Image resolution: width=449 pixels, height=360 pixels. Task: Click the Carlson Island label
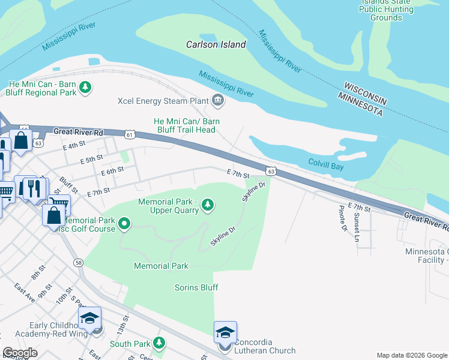tap(215, 44)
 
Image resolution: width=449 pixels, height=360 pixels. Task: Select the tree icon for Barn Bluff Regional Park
tap(86, 88)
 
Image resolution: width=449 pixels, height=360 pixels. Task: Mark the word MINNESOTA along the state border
tap(360, 104)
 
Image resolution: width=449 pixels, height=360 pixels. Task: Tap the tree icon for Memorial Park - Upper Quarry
tap(208, 206)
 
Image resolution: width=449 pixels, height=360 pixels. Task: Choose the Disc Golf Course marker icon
tap(124, 224)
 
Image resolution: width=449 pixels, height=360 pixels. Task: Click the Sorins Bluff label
tap(196, 287)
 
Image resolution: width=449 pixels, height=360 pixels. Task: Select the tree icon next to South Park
tap(159, 343)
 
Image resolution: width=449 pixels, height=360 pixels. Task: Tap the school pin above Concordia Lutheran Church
tap(225, 332)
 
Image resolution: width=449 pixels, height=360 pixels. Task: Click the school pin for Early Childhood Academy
tap(89, 318)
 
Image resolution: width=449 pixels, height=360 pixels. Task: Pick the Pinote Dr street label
tap(343, 218)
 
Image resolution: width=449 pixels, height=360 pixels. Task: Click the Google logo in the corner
tap(20, 352)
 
